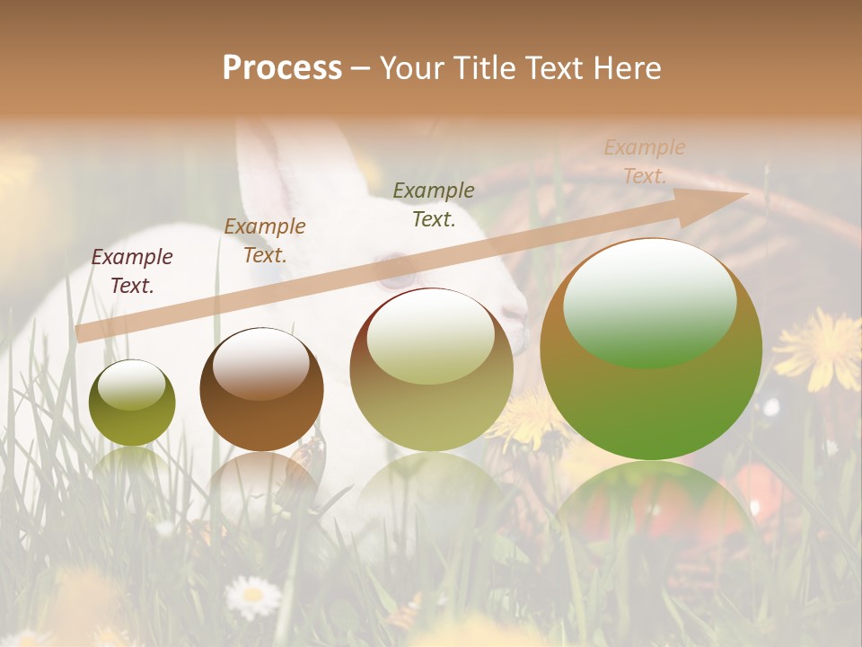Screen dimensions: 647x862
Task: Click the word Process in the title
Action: [x=282, y=68]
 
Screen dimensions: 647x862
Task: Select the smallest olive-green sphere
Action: [x=132, y=403]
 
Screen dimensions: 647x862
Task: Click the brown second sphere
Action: [x=261, y=390]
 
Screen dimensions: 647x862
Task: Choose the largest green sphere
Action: [x=651, y=350]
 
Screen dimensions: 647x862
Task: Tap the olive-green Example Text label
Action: [x=434, y=205]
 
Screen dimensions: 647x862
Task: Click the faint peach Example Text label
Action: [x=645, y=162]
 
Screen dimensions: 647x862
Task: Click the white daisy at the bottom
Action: [x=252, y=595]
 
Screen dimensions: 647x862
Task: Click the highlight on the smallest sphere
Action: [x=131, y=386]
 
